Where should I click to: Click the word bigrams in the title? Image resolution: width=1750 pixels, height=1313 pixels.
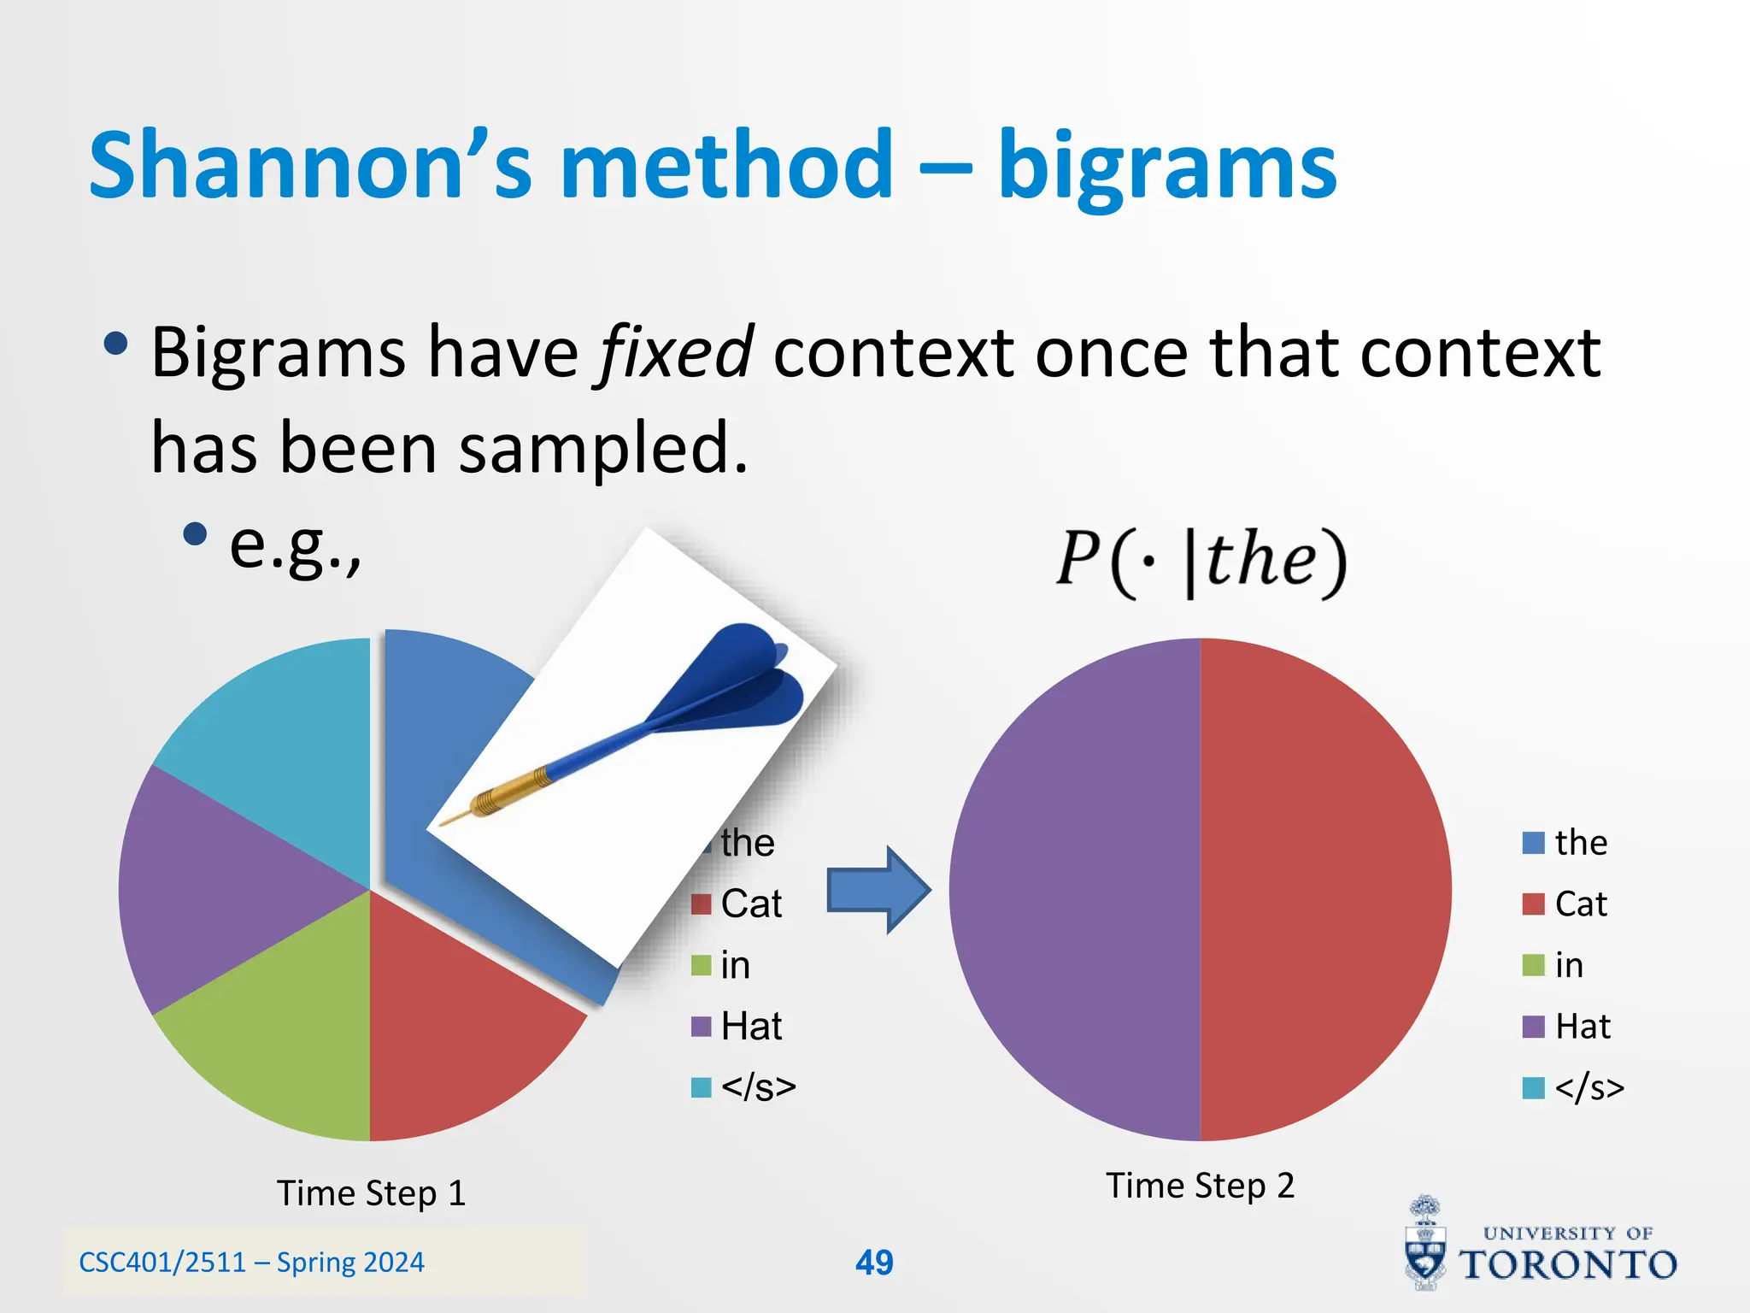coord(1166,167)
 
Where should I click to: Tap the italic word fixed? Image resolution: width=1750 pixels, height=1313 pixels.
coord(674,352)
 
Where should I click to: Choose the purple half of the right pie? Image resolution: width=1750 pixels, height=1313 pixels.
coord(1077,889)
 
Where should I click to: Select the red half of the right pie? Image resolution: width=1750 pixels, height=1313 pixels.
coord(1324,889)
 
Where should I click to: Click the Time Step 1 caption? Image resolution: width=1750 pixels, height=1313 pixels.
coord(372,1193)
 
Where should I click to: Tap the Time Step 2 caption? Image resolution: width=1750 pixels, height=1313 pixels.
coord(1201,1186)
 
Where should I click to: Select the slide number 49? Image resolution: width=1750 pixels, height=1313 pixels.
coord(874,1263)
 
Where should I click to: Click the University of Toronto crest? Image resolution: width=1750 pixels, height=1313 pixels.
coord(1425,1244)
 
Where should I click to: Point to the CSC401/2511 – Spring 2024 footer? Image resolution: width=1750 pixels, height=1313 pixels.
coord(251,1263)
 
